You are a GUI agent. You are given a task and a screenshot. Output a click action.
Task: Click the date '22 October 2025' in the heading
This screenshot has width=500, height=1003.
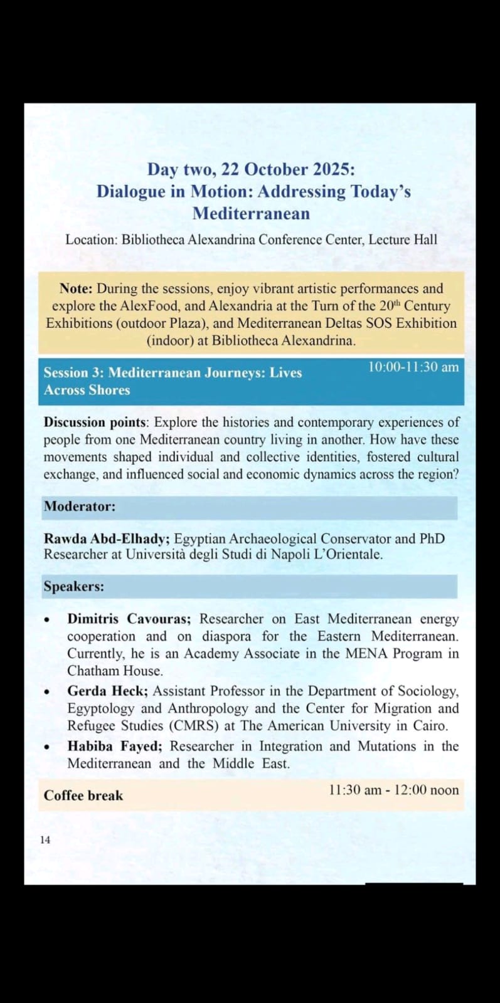pyautogui.click(x=287, y=170)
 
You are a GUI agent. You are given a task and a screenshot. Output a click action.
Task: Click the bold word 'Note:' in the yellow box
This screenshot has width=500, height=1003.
pyautogui.click(x=76, y=289)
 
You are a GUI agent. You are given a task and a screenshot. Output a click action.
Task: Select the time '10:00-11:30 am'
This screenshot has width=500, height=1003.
pyautogui.click(x=413, y=367)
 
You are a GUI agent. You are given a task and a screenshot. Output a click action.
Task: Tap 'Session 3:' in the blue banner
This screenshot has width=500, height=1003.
pyautogui.click(x=73, y=372)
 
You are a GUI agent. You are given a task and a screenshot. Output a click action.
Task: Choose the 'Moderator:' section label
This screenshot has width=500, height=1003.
pyautogui.click(x=80, y=507)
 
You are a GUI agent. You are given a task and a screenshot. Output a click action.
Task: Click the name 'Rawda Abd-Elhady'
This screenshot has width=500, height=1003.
pyautogui.click(x=105, y=538)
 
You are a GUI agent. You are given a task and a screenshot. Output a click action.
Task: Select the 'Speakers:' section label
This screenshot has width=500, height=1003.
pyautogui.click(x=74, y=587)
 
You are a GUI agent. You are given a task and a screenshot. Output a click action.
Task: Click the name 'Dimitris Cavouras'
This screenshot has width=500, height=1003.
pyautogui.click(x=128, y=619)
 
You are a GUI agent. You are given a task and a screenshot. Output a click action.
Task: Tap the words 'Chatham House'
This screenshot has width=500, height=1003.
pyautogui.click(x=115, y=671)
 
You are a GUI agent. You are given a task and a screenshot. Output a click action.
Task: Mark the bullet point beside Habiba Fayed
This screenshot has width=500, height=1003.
pyautogui.click(x=47, y=748)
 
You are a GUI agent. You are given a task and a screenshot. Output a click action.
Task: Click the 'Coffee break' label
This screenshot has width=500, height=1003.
pyautogui.click(x=83, y=796)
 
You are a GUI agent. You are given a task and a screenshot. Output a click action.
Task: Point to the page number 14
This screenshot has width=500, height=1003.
pyautogui.click(x=45, y=840)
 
